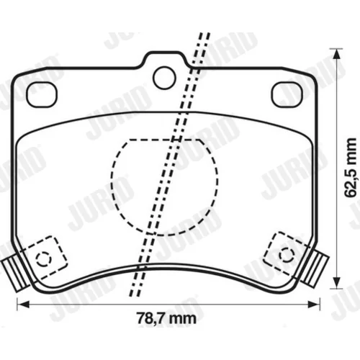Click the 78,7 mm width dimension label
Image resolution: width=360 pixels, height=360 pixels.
pos(166,318)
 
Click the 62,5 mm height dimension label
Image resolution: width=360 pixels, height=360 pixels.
pos(350,167)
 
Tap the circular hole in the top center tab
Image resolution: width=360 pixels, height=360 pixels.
pos(164,78)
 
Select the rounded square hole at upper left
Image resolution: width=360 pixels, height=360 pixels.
pos(42,94)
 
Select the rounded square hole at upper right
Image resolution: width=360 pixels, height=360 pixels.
pos(287,94)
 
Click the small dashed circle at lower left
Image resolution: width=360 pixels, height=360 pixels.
pos(43,259)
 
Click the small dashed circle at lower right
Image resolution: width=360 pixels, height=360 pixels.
pos(287,256)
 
